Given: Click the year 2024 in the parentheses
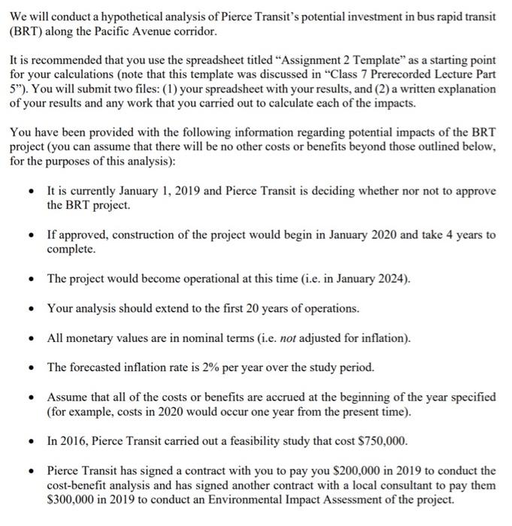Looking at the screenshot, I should point(390,279).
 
